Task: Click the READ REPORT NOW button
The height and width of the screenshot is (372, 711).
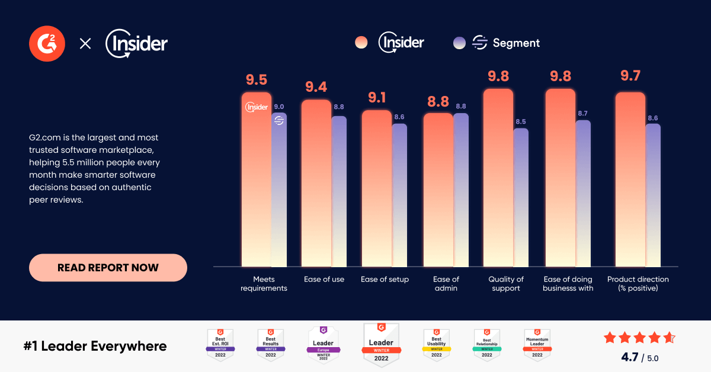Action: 108,268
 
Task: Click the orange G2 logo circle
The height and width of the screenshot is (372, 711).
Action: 47,43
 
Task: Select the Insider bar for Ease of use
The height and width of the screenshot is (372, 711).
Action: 316,184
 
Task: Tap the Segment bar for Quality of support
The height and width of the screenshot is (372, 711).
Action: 521,198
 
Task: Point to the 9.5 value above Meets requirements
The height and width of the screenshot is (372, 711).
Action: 257,80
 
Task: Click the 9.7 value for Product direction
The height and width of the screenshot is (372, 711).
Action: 630,76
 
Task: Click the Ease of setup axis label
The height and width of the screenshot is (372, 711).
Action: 385,280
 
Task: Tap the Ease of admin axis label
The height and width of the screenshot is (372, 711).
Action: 446,284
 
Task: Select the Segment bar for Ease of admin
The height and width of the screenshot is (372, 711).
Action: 460,190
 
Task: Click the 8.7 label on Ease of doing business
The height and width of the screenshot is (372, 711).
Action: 583,114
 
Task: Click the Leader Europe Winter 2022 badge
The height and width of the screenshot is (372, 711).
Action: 324,344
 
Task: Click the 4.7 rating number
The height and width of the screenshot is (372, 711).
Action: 629,357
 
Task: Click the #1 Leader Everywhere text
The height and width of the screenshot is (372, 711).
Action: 95,346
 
